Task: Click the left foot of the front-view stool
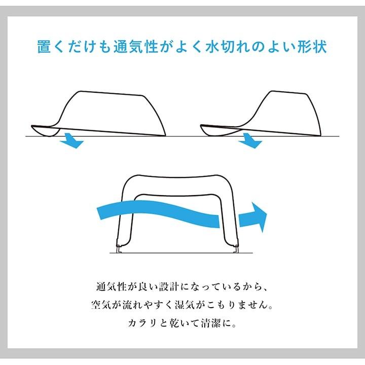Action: point(120,248)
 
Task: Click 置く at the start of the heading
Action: point(54,47)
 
